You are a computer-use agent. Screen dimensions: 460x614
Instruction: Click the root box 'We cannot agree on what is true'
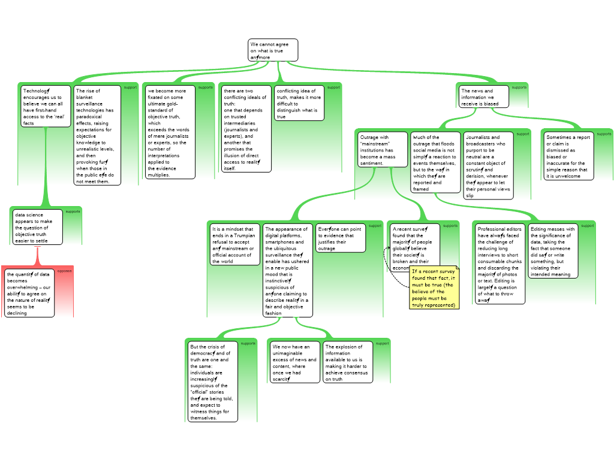tap(273, 50)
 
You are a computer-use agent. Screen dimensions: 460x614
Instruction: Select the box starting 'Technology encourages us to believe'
tap(46, 107)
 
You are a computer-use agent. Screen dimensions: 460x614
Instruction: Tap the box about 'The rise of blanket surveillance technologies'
tap(97, 135)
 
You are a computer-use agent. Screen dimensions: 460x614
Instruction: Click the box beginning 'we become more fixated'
tap(170, 132)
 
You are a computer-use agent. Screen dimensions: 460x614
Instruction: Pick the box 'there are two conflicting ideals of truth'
tap(246, 129)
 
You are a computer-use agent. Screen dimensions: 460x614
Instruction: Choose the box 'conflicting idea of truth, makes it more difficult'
tap(299, 103)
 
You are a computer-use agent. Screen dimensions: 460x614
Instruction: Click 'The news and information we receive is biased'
tap(483, 96)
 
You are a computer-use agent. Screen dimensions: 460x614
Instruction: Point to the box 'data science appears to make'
tap(37, 227)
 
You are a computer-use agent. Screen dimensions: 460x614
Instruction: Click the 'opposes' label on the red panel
tap(64, 271)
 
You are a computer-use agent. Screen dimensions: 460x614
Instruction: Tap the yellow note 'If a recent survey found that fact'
tap(434, 288)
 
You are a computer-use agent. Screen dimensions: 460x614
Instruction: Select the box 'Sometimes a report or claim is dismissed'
tap(568, 156)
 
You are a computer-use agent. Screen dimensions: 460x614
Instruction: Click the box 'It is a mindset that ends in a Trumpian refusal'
tap(235, 244)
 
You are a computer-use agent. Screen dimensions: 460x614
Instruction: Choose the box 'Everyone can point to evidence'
tap(340, 238)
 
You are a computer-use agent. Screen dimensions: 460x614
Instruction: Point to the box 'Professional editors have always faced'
tap(499, 264)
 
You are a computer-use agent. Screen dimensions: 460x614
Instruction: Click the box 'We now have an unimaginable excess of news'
tap(294, 362)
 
